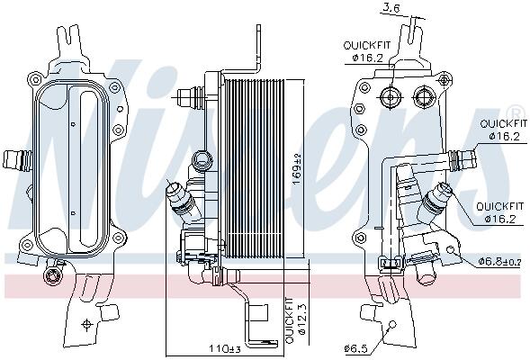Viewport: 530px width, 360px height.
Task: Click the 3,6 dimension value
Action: coord(391,8)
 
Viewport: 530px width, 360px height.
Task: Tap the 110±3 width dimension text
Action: coord(224,348)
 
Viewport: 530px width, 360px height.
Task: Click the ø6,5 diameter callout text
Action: coord(356,348)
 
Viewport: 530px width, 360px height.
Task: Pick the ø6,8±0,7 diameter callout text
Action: coord(500,261)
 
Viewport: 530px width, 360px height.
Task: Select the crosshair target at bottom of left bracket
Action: coord(87,324)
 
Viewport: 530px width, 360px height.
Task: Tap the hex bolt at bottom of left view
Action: coord(51,275)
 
